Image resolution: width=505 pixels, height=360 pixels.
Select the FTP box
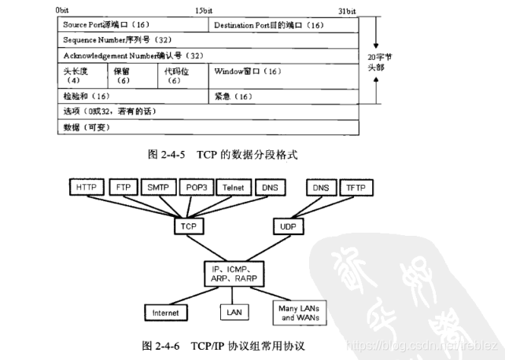click(123, 188)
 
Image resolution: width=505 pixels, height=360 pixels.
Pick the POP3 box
click(197, 188)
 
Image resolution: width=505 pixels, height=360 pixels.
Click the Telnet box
click(234, 188)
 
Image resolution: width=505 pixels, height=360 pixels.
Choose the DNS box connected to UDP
click(320, 188)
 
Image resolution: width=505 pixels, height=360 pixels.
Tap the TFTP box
click(358, 188)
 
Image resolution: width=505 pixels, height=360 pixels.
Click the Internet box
click(166, 313)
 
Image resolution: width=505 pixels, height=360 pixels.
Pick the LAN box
click(234, 313)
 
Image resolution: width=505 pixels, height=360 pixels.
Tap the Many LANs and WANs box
click(298, 314)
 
